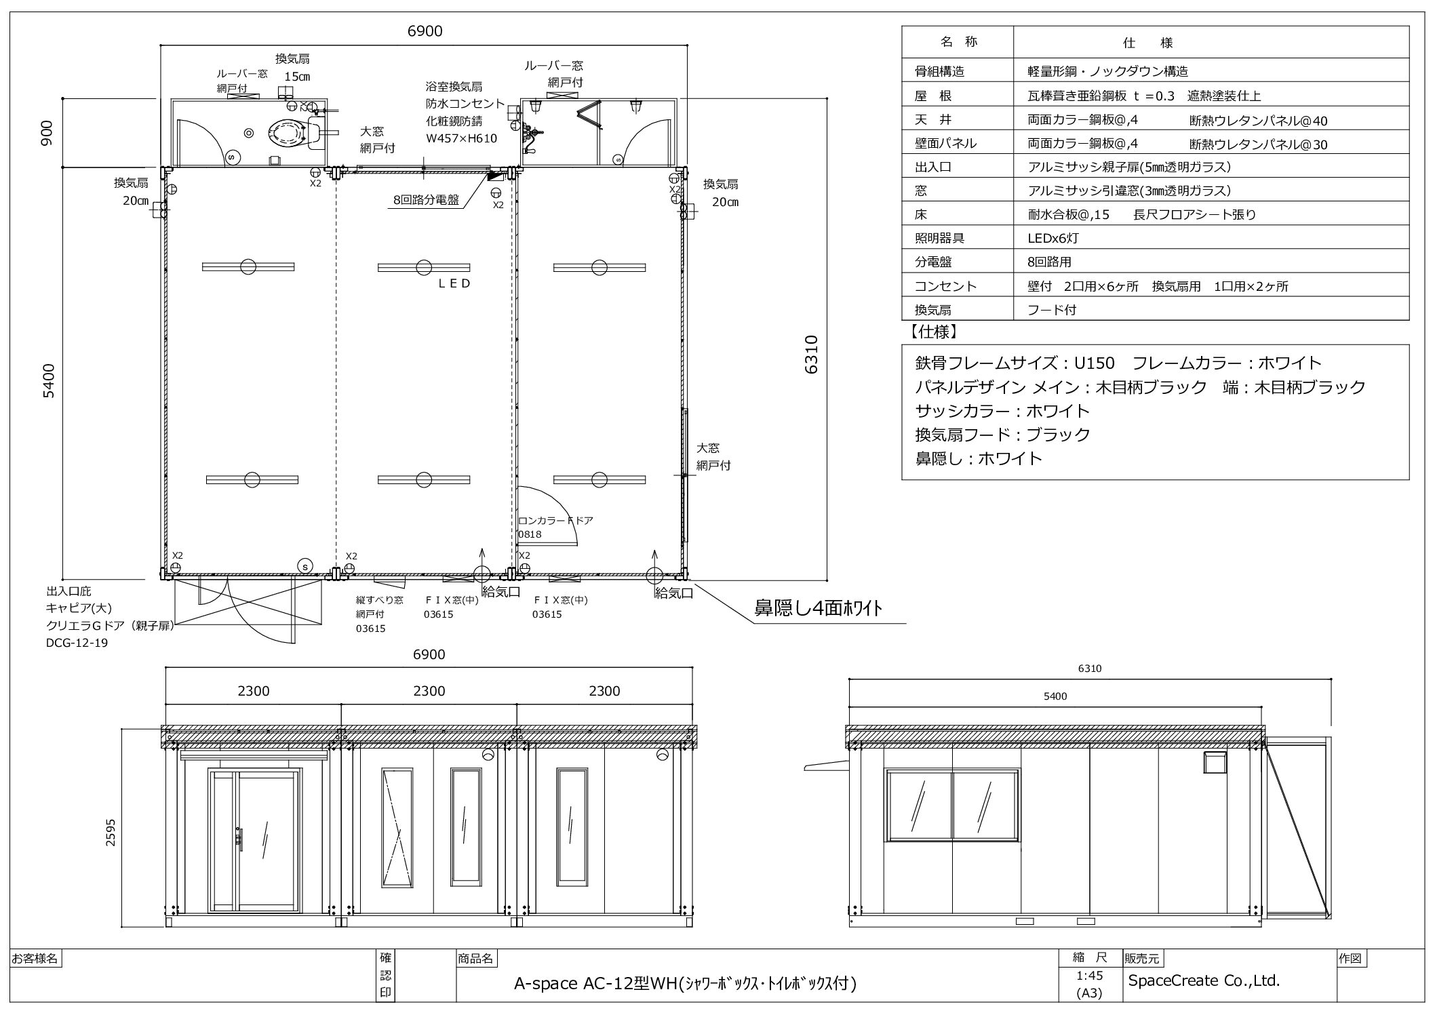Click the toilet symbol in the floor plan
[287, 134]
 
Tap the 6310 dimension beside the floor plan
[812, 354]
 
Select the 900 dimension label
[47, 134]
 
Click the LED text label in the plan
[454, 283]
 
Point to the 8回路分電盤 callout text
[426, 199]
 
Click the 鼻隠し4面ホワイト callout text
[819, 608]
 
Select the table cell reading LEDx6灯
[1053, 238]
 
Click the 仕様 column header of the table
[1148, 43]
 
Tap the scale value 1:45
[1089, 976]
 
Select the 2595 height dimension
[111, 833]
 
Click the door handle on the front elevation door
[238, 838]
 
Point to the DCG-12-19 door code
[77, 643]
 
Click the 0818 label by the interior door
[530, 534]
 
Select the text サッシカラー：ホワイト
[1002, 411]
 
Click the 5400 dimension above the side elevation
[1056, 696]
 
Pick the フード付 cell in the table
[1052, 310]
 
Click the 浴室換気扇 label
[454, 87]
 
